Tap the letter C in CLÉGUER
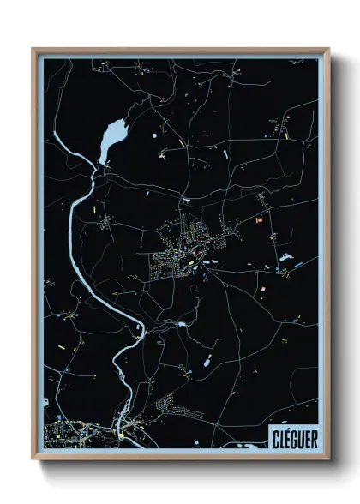pos(273,435)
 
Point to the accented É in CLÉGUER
pos(284,435)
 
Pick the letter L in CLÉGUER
pos(279,435)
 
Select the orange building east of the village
pos(258,220)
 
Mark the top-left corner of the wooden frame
pos(33,49)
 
